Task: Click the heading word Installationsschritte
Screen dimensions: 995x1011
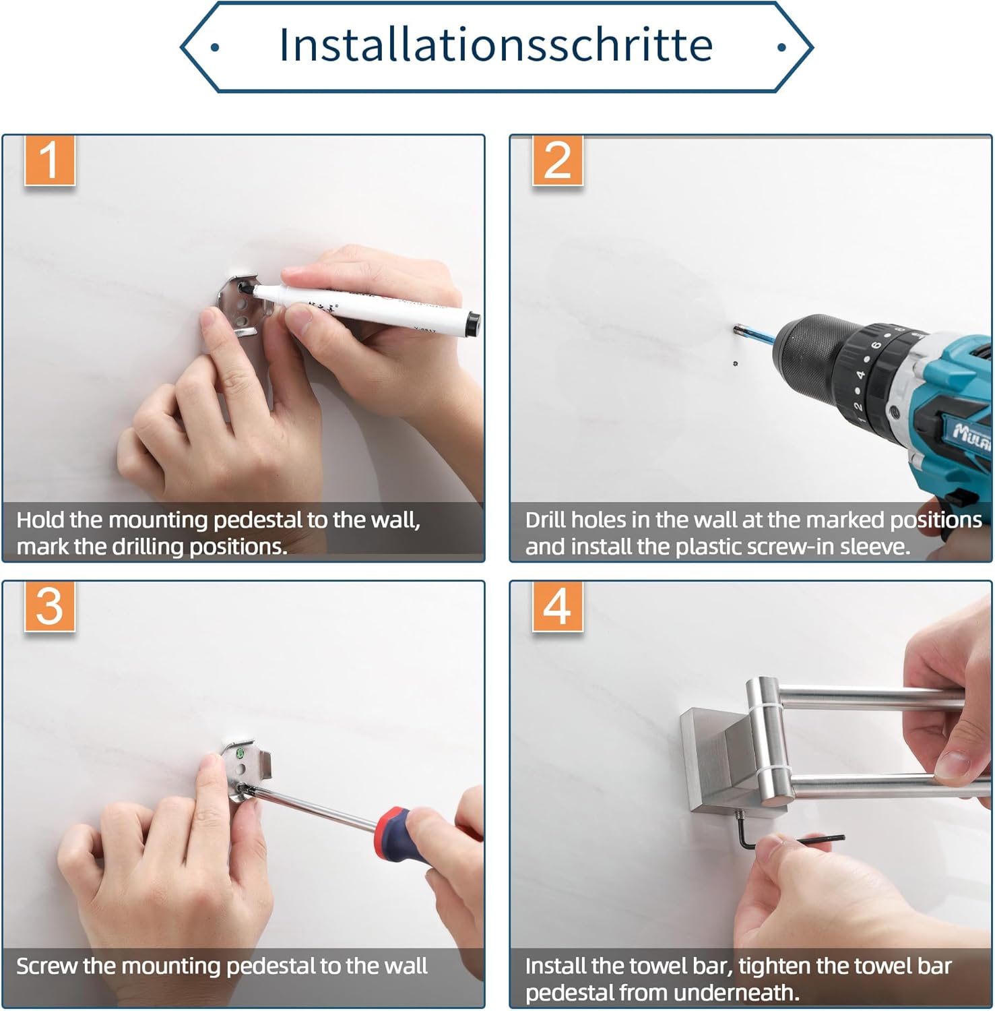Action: click(x=496, y=45)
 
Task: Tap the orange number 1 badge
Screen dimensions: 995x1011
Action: click(x=49, y=160)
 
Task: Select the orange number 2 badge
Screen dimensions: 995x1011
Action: click(x=557, y=160)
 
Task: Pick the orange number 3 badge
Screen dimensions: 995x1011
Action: click(x=49, y=607)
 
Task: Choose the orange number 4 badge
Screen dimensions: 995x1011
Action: click(x=557, y=607)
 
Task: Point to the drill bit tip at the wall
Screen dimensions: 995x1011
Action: click(x=736, y=329)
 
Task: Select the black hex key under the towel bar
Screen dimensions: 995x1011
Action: click(x=788, y=836)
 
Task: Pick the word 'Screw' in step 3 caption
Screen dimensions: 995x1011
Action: click(x=46, y=967)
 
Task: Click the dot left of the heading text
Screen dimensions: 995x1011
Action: click(x=214, y=47)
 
